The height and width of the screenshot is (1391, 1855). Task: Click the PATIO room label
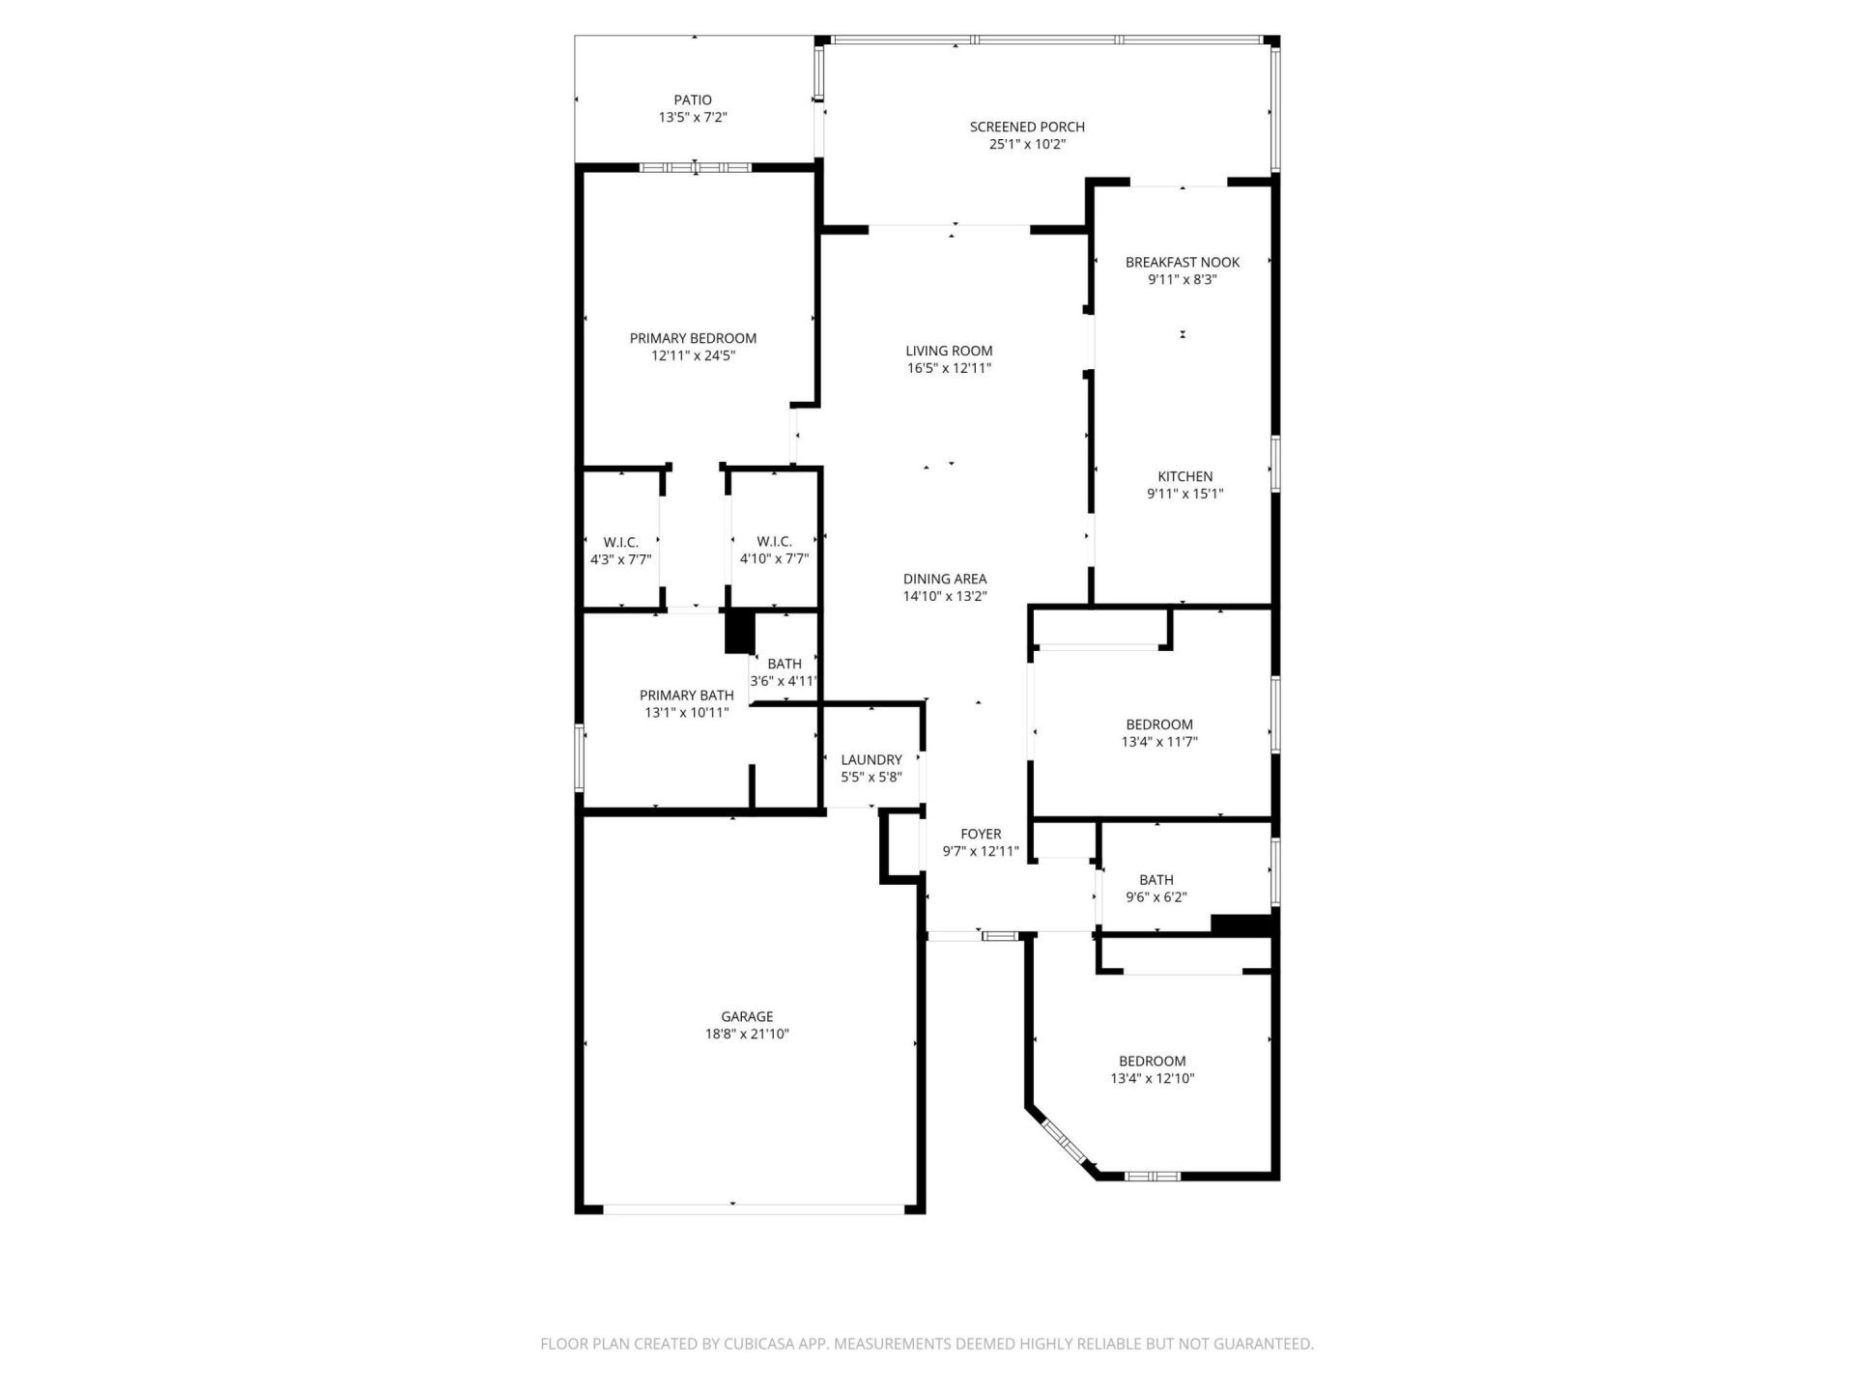(x=693, y=99)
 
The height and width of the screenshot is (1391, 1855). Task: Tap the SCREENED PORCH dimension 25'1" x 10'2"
(x=1027, y=144)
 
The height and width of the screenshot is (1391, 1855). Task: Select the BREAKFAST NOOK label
(x=1182, y=262)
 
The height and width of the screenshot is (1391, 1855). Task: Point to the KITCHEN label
(x=1184, y=476)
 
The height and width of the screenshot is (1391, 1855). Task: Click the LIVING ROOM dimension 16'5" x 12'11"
(x=949, y=368)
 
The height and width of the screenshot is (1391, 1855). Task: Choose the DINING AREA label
(x=944, y=579)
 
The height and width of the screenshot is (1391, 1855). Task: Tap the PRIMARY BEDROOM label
(x=693, y=338)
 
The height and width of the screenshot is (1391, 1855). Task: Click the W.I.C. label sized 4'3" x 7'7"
(x=620, y=542)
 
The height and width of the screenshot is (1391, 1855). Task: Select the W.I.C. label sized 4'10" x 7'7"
(x=774, y=542)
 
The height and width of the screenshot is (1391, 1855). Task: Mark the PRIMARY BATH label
(x=686, y=695)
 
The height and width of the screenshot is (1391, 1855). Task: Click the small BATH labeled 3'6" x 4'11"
(x=784, y=664)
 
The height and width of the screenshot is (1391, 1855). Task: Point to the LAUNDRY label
(x=870, y=760)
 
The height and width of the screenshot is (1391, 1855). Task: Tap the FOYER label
(x=980, y=834)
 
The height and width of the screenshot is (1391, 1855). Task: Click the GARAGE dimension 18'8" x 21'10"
(x=747, y=1034)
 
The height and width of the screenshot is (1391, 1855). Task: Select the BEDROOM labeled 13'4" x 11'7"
(x=1158, y=724)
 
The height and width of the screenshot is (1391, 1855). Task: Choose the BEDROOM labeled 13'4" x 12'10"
(x=1152, y=1061)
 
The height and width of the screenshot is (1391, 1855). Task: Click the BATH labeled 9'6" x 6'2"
(x=1156, y=879)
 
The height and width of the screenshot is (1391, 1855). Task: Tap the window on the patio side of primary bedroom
(x=695, y=168)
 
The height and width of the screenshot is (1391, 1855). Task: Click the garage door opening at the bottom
(x=754, y=1207)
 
